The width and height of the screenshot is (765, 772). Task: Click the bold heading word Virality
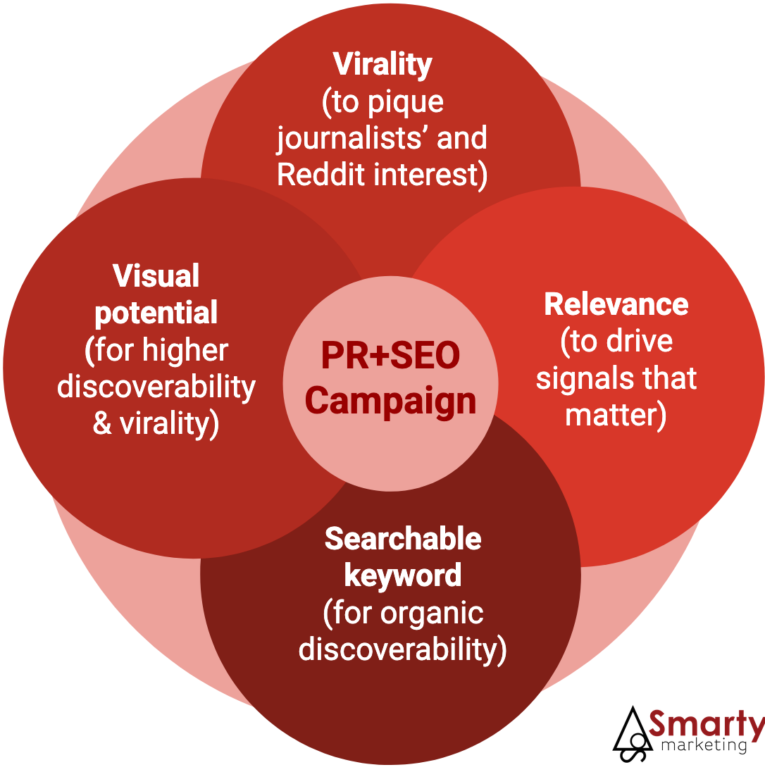382,64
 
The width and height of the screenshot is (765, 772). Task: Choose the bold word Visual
156,275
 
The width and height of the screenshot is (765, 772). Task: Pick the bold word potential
156,313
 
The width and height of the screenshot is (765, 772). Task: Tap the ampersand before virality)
103,424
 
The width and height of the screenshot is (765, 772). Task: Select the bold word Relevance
616,304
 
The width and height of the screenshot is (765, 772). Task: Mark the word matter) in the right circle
616,416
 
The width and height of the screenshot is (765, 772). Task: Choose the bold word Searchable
403,539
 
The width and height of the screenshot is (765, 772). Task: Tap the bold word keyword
403,575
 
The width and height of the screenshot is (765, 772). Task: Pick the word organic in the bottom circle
432,613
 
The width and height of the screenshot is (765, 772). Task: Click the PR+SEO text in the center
390,356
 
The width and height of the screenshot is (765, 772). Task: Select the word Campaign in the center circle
390,401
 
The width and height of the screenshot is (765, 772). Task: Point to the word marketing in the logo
705,745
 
